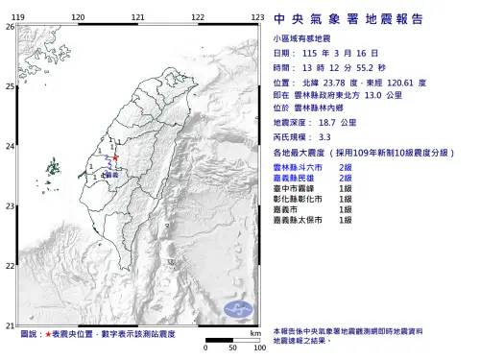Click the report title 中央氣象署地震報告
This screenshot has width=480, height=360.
(x=363, y=18)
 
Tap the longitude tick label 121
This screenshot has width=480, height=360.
(x=138, y=18)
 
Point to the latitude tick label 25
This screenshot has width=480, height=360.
(x=10, y=86)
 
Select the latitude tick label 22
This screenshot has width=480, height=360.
(x=10, y=266)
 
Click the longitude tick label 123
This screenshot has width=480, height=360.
(x=257, y=18)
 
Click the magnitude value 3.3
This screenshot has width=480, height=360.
(x=324, y=137)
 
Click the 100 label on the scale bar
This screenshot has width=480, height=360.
(x=258, y=348)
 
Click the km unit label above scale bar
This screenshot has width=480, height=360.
(x=254, y=332)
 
